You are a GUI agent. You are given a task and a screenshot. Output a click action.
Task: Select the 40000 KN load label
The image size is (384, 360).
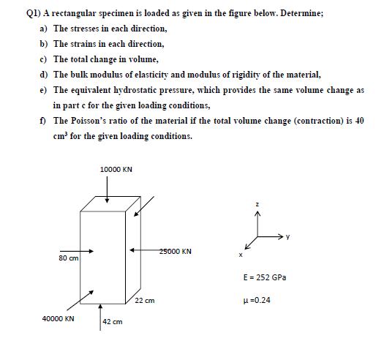[59, 319]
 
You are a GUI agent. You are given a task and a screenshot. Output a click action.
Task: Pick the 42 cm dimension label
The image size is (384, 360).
[112, 322]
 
